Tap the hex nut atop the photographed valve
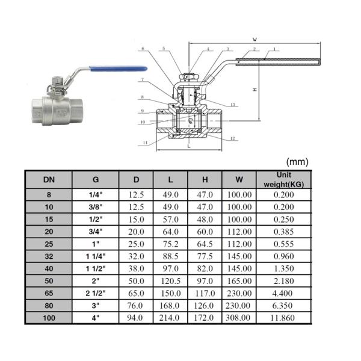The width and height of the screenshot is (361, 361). pos(55,79)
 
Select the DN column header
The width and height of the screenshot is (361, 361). pos(48,179)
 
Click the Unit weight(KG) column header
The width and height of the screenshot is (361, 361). pos(283,179)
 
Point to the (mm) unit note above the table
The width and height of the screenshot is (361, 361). pos(297,161)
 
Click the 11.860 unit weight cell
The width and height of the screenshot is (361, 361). pos(283,316)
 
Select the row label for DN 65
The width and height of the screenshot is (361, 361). pos(48,292)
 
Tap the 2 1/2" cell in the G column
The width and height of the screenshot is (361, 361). pos(96,292)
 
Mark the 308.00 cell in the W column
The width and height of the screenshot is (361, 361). pos(239,316)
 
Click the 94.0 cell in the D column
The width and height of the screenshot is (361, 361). pos(136,316)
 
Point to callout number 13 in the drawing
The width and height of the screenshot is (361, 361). pos(232,104)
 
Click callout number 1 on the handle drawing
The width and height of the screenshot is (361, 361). pos(274,49)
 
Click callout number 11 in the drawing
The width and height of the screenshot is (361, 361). pos(146,143)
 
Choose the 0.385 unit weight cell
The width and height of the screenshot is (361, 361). pos(283,231)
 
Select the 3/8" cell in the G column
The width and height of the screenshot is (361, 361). pos(96,206)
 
